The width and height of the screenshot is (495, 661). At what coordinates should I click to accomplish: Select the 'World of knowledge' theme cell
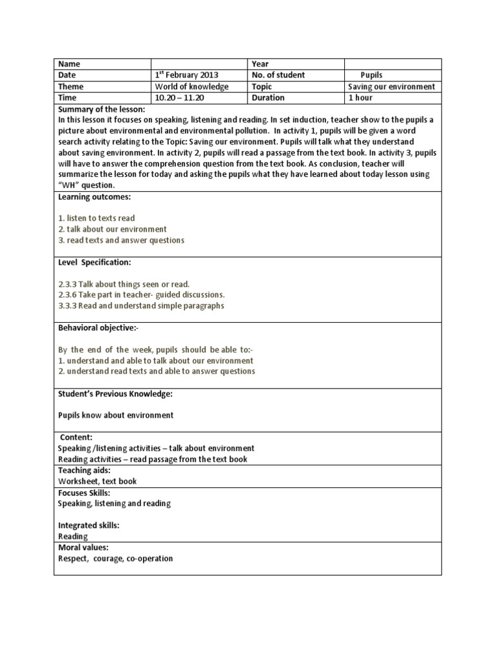pos(191,86)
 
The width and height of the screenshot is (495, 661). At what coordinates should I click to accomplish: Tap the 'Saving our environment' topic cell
pos(391,86)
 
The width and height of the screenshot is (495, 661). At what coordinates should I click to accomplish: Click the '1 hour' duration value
pos(360,98)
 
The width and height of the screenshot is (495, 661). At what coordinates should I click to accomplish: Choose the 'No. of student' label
pos(278,75)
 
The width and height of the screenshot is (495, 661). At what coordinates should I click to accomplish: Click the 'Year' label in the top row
pos(260,64)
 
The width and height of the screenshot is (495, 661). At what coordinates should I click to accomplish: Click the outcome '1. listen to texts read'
pos(97,218)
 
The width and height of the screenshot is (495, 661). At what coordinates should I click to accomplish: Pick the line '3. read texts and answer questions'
pos(121,240)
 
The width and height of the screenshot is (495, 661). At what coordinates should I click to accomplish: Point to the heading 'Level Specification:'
pos(94,262)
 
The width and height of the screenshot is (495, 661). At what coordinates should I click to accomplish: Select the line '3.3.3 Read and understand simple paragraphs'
pos(141,306)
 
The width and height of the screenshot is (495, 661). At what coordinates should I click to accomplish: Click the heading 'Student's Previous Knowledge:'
pos(115,393)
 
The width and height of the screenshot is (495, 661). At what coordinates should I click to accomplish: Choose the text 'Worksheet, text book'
pos(97,481)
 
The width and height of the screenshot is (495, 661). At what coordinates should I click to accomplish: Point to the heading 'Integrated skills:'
pos(89,525)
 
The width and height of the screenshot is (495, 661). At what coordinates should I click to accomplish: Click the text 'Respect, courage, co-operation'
pos(115,558)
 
